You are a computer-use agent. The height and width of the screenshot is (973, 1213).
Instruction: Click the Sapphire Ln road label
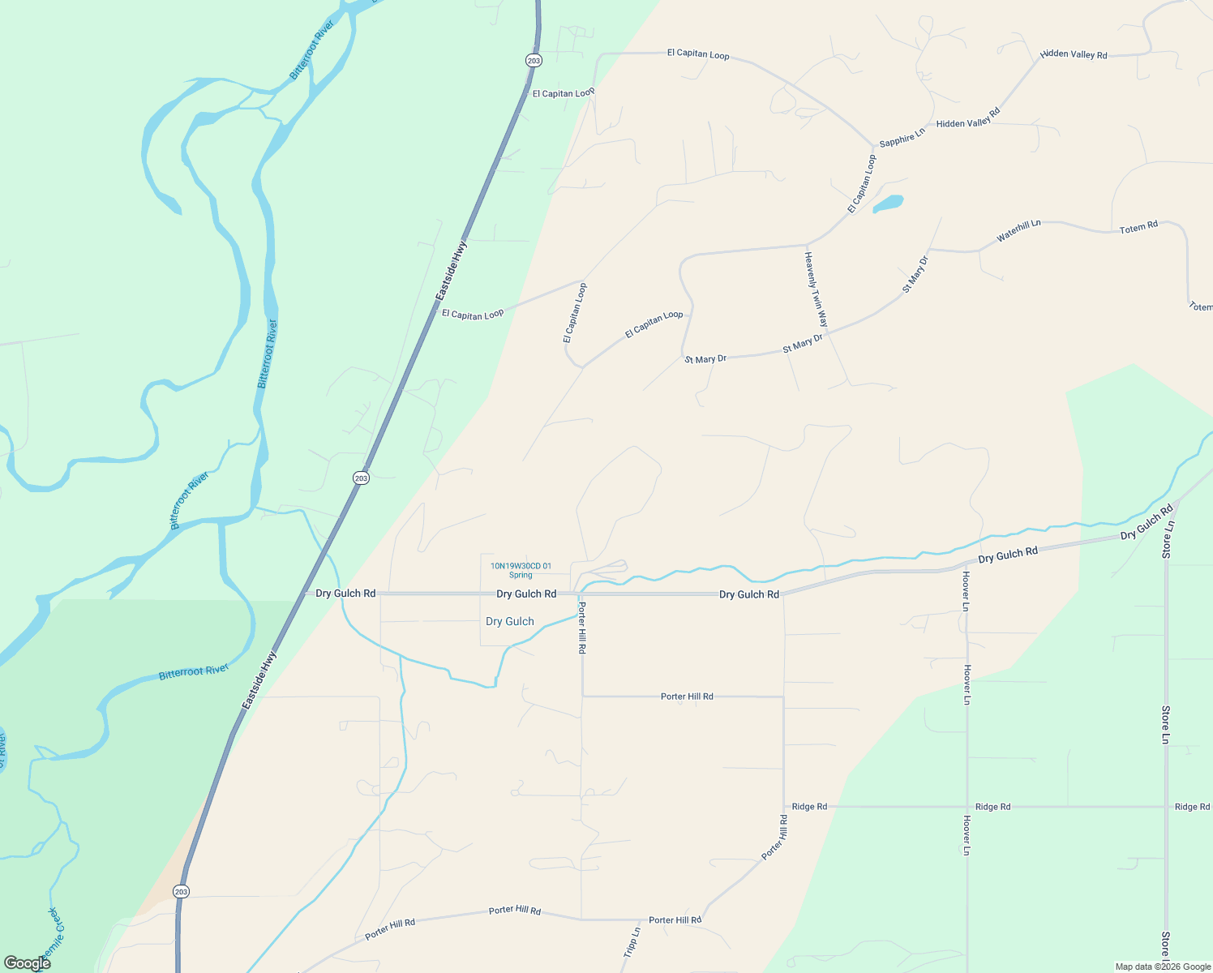coord(902,137)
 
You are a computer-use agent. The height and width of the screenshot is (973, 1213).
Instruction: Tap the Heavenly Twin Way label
coord(816,289)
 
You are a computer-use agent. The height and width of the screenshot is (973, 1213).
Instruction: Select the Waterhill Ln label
coord(1018,230)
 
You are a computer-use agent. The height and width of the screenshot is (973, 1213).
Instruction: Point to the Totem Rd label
coord(1138,228)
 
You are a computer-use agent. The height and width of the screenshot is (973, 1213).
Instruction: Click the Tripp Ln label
coord(632,942)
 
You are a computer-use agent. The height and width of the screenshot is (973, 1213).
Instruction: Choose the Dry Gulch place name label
coord(509,621)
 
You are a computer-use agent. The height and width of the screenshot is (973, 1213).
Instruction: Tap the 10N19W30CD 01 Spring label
coord(521,570)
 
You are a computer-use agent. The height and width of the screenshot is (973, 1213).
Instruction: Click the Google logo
coord(28,962)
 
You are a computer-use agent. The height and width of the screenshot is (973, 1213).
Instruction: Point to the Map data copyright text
coord(1163,967)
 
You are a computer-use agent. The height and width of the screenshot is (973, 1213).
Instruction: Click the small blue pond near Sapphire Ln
coord(889,203)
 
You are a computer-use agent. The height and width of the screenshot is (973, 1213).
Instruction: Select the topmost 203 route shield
coord(533,60)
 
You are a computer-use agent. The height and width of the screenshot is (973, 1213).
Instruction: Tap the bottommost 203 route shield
coord(181,891)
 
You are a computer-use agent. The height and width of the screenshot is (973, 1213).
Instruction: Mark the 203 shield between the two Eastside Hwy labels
coord(361,478)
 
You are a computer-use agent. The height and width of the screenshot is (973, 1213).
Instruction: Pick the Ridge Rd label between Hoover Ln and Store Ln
coord(992,807)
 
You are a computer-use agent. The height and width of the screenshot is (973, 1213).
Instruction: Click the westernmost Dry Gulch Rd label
coord(345,594)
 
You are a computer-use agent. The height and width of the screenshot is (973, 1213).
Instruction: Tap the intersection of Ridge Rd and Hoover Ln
coord(967,807)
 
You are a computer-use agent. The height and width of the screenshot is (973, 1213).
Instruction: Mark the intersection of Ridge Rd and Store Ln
coord(1166,807)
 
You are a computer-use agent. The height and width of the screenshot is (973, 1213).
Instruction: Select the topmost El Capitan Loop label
coord(697,54)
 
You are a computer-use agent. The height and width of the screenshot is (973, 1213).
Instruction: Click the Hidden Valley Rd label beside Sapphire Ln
coord(968,118)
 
